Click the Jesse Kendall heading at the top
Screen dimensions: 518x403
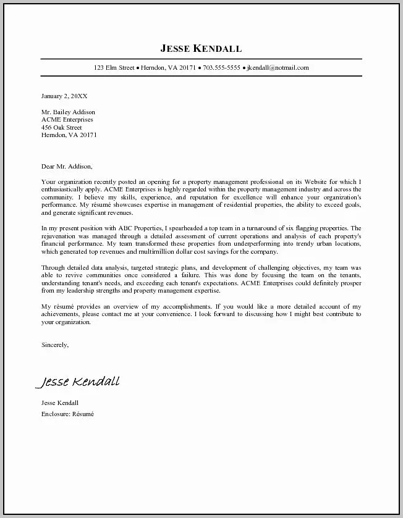pos(201,48)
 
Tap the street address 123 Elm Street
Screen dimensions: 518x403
pos(114,68)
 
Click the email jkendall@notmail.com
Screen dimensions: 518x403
pos(278,68)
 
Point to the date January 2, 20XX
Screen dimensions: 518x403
pos(64,96)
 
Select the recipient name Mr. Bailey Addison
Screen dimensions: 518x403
pos(68,112)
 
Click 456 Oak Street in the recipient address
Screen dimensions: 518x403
pos(61,127)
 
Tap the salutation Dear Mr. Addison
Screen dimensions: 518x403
pos(67,166)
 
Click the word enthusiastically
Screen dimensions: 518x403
pos(67,190)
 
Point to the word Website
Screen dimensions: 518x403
pos(297,182)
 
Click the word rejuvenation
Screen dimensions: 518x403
pos(60,236)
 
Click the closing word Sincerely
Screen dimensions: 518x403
pos(55,345)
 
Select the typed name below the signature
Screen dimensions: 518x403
pos(60,403)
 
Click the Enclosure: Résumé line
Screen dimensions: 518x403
pos(67,414)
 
